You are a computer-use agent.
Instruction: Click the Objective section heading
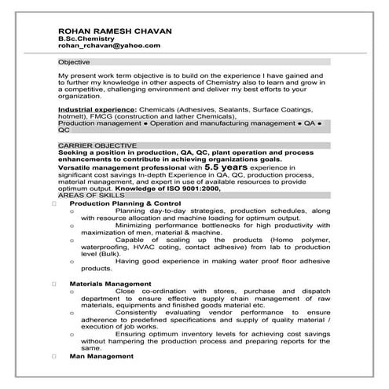click(75, 61)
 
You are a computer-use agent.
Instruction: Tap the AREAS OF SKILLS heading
click(90, 195)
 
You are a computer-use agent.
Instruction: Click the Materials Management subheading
click(110, 283)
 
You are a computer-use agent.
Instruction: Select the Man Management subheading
click(101, 356)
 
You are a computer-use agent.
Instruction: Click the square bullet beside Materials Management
click(53, 283)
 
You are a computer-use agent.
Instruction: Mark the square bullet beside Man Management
click(53, 356)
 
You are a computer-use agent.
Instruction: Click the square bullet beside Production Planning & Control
click(53, 203)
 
